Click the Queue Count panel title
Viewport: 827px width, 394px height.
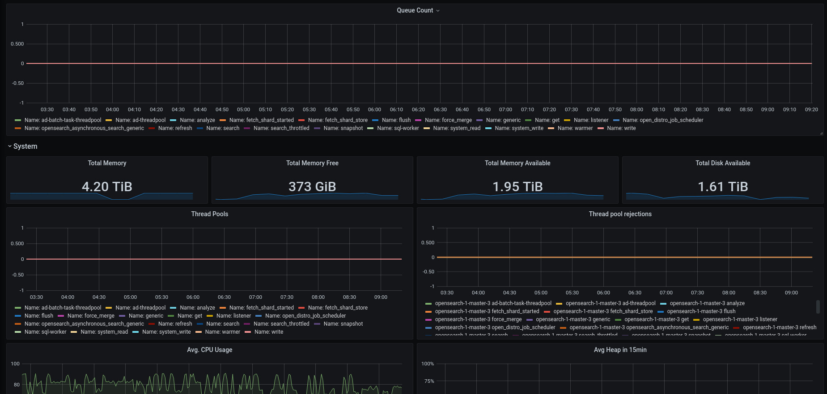(x=415, y=10)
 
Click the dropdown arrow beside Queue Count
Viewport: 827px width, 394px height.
(x=438, y=11)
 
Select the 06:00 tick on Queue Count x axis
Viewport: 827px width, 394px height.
(x=374, y=109)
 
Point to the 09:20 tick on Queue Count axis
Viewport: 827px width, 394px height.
(x=811, y=109)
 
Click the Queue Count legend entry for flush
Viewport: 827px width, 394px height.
(x=396, y=120)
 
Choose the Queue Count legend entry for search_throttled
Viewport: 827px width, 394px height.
(x=281, y=128)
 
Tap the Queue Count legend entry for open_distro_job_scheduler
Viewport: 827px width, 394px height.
(x=662, y=120)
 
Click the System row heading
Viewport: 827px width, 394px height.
(x=25, y=147)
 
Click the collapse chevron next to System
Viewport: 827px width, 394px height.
(x=10, y=146)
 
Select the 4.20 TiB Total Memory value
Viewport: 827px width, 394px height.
(x=107, y=186)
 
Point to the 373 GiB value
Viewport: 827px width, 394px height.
(x=312, y=186)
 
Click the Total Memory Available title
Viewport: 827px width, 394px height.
(x=517, y=163)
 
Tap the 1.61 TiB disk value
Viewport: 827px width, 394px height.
(x=723, y=186)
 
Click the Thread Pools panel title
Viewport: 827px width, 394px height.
(x=210, y=214)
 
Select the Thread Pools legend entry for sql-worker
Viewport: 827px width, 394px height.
(x=45, y=332)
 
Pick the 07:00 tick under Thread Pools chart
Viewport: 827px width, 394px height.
(x=255, y=297)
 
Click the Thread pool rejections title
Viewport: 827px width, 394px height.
(x=620, y=214)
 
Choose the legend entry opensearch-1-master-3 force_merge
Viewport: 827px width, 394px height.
(x=478, y=319)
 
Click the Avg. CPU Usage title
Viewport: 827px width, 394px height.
(x=210, y=350)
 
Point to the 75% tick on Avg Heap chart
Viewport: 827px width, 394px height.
(x=429, y=381)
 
